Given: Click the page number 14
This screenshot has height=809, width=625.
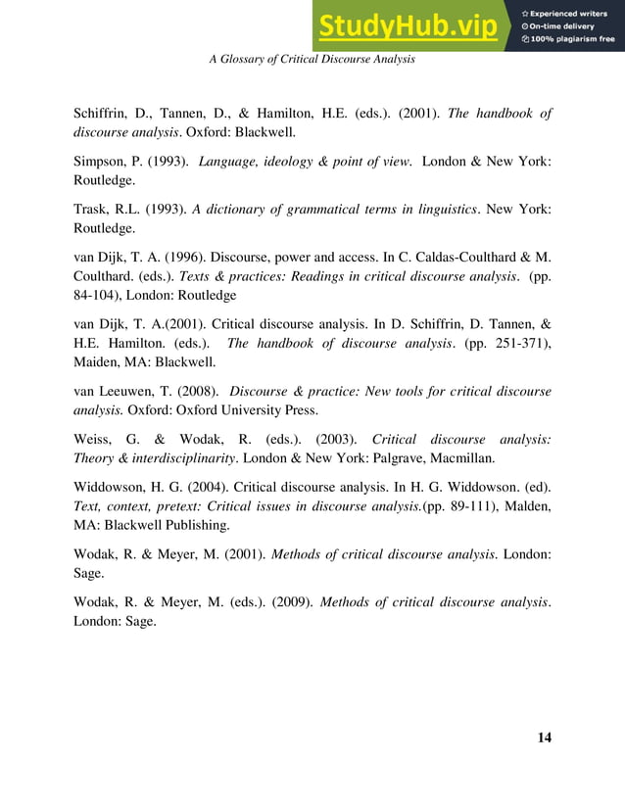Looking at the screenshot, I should click(545, 738).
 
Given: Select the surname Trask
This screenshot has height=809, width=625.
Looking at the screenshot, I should click(92, 210).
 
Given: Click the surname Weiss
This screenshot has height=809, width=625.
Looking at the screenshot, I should click(94, 440).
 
